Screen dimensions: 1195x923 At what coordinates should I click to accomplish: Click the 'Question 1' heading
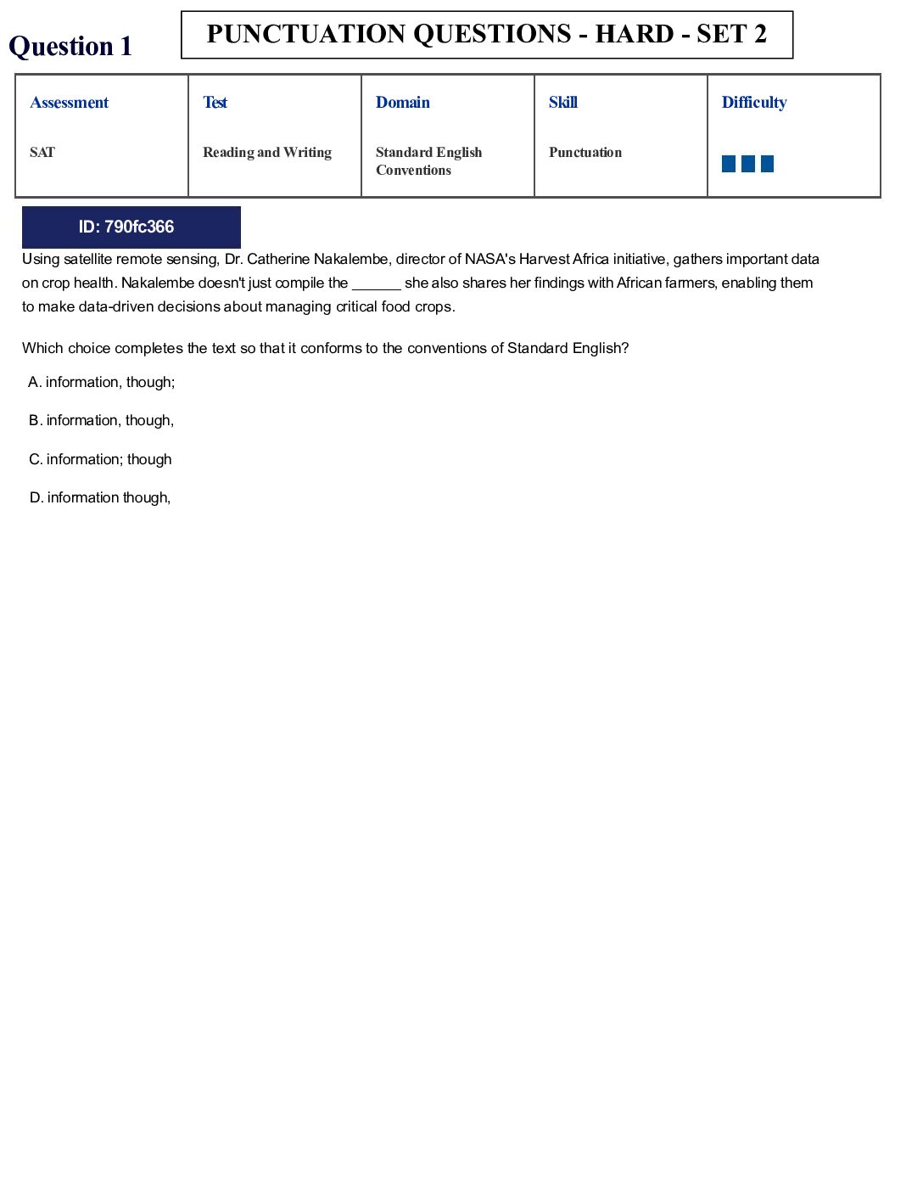[70, 46]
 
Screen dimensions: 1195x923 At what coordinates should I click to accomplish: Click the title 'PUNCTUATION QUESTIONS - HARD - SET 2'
[486, 35]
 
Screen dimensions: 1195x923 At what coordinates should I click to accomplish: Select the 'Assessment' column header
[70, 103]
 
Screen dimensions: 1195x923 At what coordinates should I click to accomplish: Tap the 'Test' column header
[215, 103]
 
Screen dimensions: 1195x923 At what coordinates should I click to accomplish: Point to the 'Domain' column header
[402, 103]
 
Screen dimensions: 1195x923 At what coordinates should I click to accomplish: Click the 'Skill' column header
[562, 103]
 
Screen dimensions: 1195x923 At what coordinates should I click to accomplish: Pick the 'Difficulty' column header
[753, 103]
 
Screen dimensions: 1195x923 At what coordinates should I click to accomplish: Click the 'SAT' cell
[42, 153]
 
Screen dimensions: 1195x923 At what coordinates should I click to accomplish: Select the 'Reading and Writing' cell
[266, 153]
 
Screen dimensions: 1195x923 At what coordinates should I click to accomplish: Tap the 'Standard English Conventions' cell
[428, 161]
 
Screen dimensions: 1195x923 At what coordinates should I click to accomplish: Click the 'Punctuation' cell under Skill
[585, 153]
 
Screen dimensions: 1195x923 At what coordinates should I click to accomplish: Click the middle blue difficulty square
[747, 164]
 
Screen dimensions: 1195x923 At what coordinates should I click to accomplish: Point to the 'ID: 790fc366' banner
[131, 227]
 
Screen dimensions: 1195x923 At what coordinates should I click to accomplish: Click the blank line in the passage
[376, 284]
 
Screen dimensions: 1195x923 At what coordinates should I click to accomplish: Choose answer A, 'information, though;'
[102, 383]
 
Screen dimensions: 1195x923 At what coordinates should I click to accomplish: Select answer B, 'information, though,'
[102, 421]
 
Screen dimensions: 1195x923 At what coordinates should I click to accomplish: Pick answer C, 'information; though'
[101, 460]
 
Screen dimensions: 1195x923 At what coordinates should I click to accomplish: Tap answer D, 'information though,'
[100, 498]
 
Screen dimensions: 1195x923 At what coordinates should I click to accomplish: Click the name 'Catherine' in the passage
[277, 260]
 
